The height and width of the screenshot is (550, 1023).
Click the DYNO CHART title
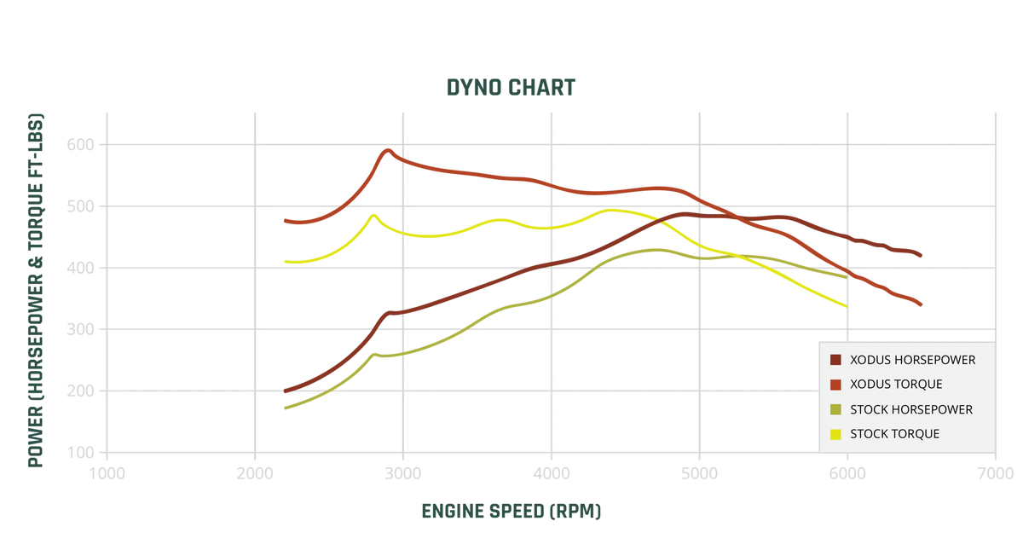coord(511,87)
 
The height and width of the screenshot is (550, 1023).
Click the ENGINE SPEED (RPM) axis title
coord(511,511)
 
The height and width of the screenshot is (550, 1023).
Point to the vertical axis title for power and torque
coord(35,290)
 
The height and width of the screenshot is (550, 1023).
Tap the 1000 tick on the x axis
coord(107,472)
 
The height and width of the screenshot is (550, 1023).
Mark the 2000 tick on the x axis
coord(255,472)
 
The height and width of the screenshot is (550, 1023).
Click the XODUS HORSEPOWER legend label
coord(912,360)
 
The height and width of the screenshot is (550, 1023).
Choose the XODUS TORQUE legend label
coord(896,385)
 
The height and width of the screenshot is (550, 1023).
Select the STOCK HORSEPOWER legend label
coord(911,409)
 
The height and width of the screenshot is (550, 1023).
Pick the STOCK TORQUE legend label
coord(895,434)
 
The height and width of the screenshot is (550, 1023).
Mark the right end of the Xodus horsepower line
coord(922,254)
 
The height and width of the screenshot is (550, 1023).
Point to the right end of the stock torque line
coord(845,305)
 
